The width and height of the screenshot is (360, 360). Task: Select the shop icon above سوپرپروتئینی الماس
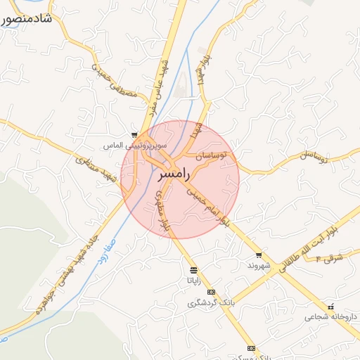134,135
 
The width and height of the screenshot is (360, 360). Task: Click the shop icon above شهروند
259,255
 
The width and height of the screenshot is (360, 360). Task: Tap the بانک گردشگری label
210,303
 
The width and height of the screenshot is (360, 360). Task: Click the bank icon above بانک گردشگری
210,292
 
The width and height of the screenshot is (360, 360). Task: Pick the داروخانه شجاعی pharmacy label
330,317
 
